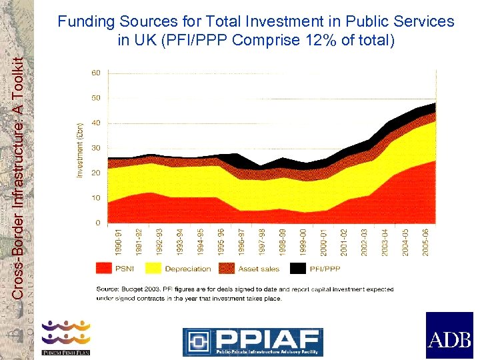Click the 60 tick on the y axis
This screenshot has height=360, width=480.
(x=96, y=73)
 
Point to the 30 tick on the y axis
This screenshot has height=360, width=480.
(x=96, y=148)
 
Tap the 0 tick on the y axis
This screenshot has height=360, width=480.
(x=98, y=223)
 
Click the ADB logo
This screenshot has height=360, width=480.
(x=449, y=335)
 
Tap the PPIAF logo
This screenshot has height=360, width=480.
(x=253, y=341)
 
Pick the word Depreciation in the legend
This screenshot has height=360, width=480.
(x=187, y=269)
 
